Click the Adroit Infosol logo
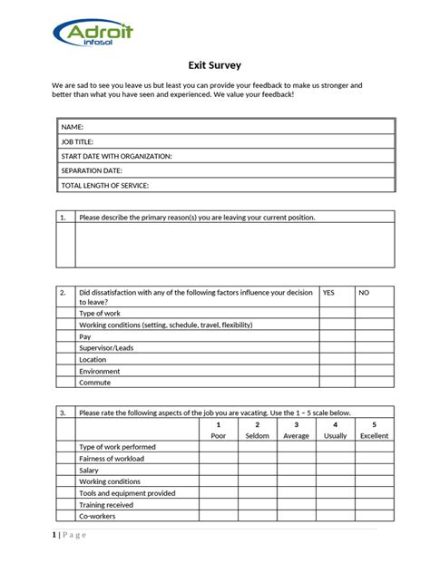pyautogui.click(x=94, y=34)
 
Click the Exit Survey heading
pyautogui.click(x=214, y=65)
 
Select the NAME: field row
pyautogui.click(x=226, y=127)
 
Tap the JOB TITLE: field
pyautogui.click(x=226, y=141)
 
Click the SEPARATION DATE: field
pyautogui.click(x=226, y=170)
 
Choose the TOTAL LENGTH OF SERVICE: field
pyautogui.click(x=226, y=185)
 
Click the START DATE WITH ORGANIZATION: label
pyautogui.click(x=116, y=156)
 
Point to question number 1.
pyautogui.click(x=63, y=218)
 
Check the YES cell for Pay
pyautogui.click(x=337, y=336)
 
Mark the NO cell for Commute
pyautogui.click(x=375, y=383)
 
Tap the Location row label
pyautogui.click(x=93, y=360)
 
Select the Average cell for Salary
pyautogui.click(x=296, y=471)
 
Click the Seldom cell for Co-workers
pyautogui.click(x=257, y=517)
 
